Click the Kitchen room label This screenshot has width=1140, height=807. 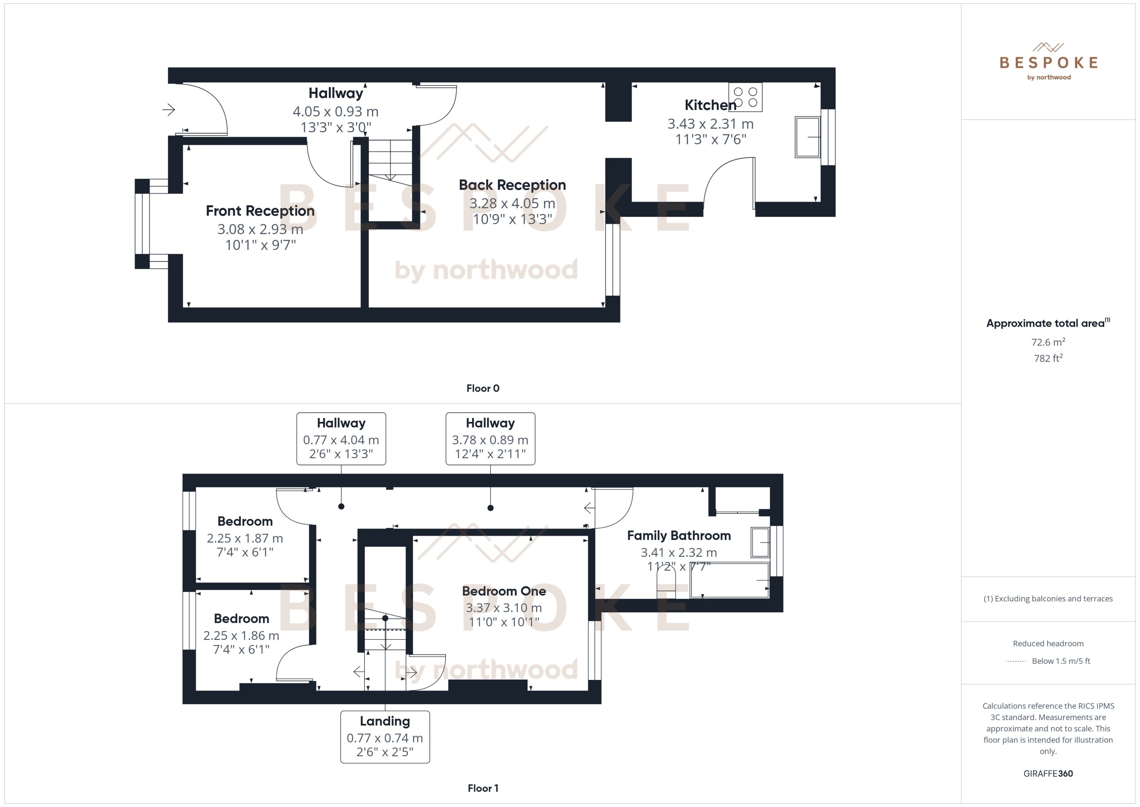[x=710, y=105]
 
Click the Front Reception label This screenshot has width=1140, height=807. [x=260, y=211]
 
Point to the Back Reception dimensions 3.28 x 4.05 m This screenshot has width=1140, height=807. [x=512, y=203]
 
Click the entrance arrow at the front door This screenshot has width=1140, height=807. [x=169, y=109]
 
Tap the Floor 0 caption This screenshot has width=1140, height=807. [x=482, y=388]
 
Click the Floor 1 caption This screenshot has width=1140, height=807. [x=482, y=788]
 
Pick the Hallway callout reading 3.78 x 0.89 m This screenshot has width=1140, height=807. [x=490, y=439]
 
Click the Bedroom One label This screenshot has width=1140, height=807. [x=504, y=591]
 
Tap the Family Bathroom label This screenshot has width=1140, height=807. [x=678, y=535]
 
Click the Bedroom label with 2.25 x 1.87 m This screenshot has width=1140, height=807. [x=245, y=521]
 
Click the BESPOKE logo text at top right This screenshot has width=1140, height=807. [x=1048, y=63]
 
